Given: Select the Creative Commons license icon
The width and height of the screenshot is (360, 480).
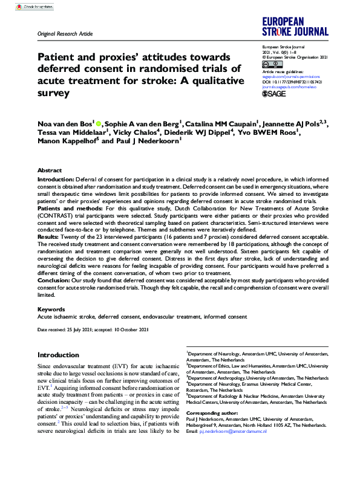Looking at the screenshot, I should coord(267,64).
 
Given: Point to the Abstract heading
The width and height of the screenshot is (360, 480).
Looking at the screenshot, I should coord(49,171).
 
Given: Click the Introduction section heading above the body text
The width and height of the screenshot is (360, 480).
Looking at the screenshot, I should coord(62,355).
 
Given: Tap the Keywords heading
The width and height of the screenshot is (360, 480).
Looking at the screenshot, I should coord(51,309).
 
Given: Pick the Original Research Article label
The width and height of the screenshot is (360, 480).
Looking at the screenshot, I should coord(65,34).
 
